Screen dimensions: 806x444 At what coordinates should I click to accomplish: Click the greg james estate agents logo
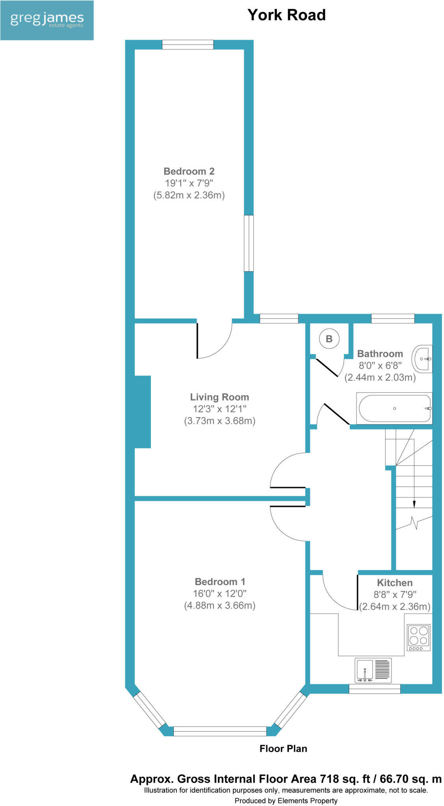click(46, 20)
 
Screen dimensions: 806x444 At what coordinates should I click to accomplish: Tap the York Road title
click(286, 15)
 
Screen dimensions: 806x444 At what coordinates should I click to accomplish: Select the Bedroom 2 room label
click(189, 171)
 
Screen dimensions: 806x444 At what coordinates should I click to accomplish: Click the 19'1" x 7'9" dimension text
click(189, 183)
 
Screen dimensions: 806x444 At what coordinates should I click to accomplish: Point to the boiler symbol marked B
click(329, 338)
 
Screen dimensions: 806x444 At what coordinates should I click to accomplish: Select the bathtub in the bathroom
click(394, 409)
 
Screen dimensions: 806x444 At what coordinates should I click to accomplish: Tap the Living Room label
click(219, 397)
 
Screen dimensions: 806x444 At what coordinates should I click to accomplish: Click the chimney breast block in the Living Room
click(142, 412)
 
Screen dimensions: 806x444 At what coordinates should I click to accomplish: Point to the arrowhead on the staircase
click(414, 504)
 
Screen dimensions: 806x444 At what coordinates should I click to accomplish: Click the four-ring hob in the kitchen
click(419, 637)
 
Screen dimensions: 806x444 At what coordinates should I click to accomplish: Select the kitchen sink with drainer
click(373, 670)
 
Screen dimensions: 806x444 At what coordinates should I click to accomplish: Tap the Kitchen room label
click(394, 583)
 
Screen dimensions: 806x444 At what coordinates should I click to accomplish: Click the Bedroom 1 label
click(220, 582)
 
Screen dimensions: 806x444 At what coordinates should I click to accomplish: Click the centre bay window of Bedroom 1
click(220, 731)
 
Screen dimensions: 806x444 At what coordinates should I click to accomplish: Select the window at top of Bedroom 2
click(188, 44)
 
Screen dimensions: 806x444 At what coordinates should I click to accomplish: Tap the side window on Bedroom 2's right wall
click(249, 243)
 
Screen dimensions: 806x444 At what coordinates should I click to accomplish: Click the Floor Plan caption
click(283, 749)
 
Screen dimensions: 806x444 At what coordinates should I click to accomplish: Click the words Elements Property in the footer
click(307, 800)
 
